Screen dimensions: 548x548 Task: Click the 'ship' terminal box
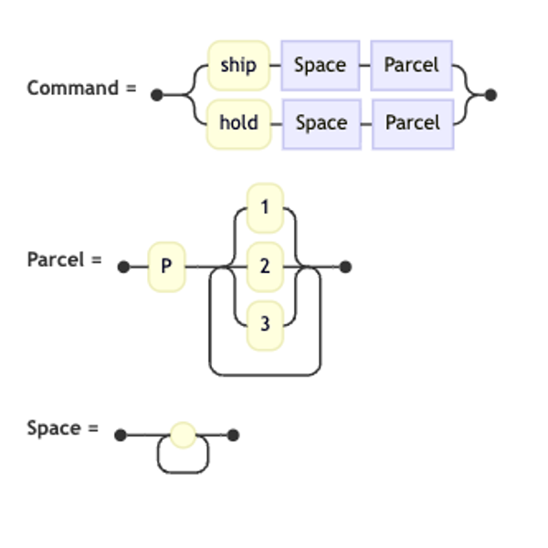238,66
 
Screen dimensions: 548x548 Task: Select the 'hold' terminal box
238,123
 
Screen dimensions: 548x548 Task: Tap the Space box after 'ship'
321,66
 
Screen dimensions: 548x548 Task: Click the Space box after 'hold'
321,124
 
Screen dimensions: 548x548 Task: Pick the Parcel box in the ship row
411,66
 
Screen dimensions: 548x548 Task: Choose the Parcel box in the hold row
413,124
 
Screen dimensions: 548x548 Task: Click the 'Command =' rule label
82,88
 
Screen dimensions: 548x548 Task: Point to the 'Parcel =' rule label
65,259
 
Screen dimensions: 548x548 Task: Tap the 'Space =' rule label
63,428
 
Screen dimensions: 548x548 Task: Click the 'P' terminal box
167,267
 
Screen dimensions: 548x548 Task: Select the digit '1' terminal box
265,207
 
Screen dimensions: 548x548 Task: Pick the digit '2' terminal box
265,267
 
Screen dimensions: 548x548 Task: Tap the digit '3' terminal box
265,325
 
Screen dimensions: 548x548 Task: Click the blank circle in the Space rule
183,435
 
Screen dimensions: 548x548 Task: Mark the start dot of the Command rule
156,95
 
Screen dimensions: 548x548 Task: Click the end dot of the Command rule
490,95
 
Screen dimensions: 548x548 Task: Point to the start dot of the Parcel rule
123,267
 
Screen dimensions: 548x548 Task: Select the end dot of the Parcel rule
345,267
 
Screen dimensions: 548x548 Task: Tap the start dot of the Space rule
121,435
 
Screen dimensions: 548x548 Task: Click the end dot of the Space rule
233,435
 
